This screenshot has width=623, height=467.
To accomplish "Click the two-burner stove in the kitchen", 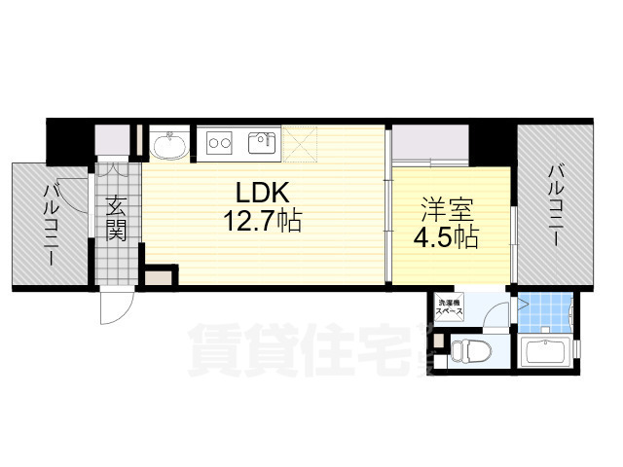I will tap(218, 144).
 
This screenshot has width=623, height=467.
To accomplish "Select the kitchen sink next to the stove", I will tap(262, 144).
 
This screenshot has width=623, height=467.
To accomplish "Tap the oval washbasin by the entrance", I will tap(171, 146).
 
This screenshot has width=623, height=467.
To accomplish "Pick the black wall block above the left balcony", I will tap(69, 141).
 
